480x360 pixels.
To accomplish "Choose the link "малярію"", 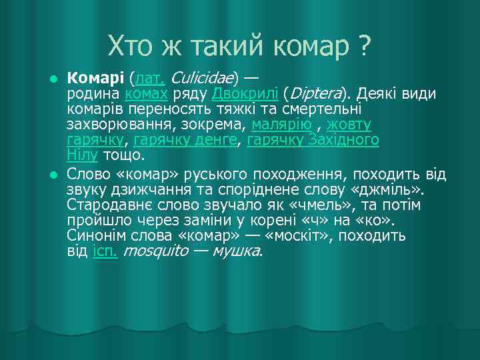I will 281,125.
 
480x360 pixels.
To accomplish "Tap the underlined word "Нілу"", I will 83,155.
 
